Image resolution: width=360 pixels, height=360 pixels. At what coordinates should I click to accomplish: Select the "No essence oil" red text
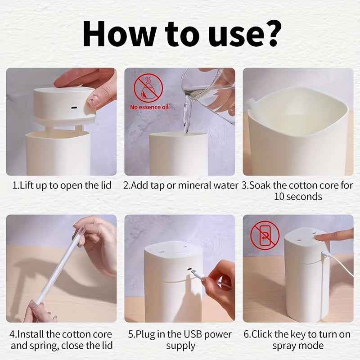[x=149, y=107]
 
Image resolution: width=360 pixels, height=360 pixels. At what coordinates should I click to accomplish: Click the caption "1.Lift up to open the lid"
[x=61, y=185]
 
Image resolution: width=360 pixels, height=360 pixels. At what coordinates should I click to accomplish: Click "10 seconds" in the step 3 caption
[x=298, y=197]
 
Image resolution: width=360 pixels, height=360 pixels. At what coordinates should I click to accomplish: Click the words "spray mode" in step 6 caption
[x=298, y=346]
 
